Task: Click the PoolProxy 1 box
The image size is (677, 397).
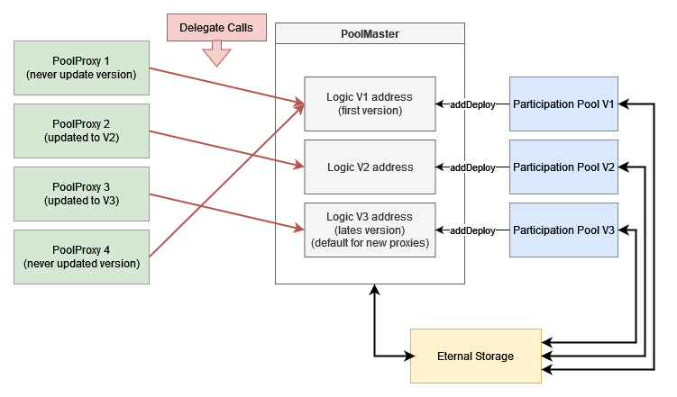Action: pos(81,68)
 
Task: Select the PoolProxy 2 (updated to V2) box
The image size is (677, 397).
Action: pos(81,131)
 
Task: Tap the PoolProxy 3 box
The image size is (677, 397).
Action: pos(81,194)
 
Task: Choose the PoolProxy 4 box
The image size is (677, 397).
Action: pos(81,257)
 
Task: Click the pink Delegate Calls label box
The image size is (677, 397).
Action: pos(215,27)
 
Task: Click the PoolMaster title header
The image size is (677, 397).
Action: pos(370,33)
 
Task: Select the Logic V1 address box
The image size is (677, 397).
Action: pos(370,104)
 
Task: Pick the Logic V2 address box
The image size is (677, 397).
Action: pos(370,167)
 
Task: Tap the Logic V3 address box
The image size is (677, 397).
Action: pos(370,230)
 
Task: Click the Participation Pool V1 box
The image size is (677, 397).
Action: pos(563,104)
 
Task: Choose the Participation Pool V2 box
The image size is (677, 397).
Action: pos(563,167)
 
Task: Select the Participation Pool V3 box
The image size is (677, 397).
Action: pos(563,230)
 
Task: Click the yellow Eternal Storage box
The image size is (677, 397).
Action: pos(476,356)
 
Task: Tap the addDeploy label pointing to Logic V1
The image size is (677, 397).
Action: pos(472,104)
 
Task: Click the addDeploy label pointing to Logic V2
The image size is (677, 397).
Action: pos(472,167)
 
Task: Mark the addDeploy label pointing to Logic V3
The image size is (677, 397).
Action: pos(472,230)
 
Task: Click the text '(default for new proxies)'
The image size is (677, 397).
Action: pos(370,243)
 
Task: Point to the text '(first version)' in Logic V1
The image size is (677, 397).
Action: pos(370,111)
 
